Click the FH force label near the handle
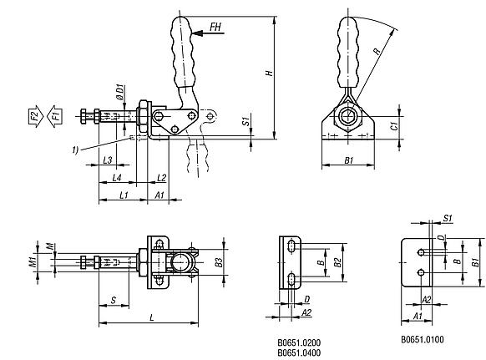pyautogui.click(x=215, y=27)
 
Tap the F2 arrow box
pyautogui.click(x=35, y=116)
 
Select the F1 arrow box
pyautogui.click(x=55, y=116)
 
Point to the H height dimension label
pyautogui.click(x=270, y=73)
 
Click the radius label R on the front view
pyautogui.click(x=377, y=51)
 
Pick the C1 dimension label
pyautogui.click(x=394, y=126)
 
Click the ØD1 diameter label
pyautogui.click(x=119, y=92)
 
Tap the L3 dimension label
pyautogui.click(x=107, y=160)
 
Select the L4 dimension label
pyautogui.click(x=117, y=178)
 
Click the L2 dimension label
pyautogui.click(x=161, y=178)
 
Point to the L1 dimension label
pyautogui.click(x=124, y=195)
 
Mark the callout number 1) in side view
pyautogui.click(x=75, y=150)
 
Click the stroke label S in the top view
pyautogui.click(x=114, y=300)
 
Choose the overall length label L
pyautogui.click(x=152, y=317)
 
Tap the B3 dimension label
pyautogui.click(x=219, y=262)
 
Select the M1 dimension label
pyautogui.click(x=33, y=262)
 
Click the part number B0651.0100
pyautogui.click(x=423, y=339)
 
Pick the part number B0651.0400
pyautogui.click(x=299, y=352)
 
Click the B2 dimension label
pyautogui.click(x=337, y=262)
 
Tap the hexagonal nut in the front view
pyautogui.click(x=347, y=117)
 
